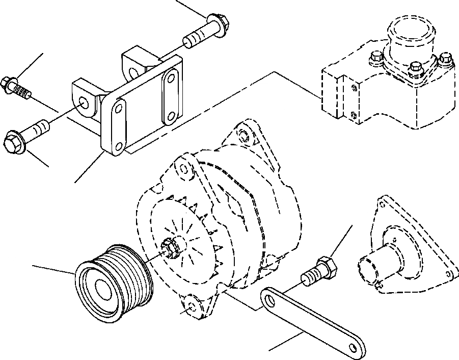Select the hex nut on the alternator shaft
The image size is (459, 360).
point(170,247)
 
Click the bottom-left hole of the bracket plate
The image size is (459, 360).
point(119,146)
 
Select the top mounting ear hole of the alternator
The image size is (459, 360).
point(243,136)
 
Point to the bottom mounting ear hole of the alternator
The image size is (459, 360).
point(192,307)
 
